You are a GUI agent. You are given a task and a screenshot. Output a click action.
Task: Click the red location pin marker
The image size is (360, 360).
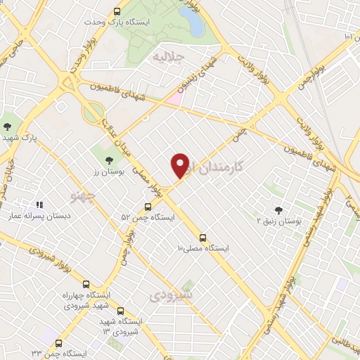coord(180,166)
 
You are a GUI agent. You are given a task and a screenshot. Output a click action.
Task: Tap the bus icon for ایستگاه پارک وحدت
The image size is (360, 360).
coord(117,11)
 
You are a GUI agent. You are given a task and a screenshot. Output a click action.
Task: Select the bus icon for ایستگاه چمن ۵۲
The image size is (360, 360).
coord(148,207)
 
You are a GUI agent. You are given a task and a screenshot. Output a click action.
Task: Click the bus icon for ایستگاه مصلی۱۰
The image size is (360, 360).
coord(202,238)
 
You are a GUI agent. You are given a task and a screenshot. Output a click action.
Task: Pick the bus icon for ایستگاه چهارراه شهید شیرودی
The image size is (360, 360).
coord(86,285)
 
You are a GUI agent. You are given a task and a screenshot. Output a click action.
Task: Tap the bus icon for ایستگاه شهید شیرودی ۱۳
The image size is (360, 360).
coord(120,311)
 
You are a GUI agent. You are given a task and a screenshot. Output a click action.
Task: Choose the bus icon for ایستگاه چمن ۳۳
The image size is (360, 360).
coord(58,345)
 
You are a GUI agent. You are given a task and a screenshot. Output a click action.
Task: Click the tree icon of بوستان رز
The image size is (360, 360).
coord(108,161)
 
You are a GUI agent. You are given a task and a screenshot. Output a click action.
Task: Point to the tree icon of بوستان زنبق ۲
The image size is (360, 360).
coord(278,210)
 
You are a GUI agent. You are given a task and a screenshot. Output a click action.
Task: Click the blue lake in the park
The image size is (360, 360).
coord(191,22)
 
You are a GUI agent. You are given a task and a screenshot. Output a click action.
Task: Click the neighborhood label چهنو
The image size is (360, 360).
coord(84,193)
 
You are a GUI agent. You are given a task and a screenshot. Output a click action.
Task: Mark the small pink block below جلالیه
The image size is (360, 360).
coord(174,99)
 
